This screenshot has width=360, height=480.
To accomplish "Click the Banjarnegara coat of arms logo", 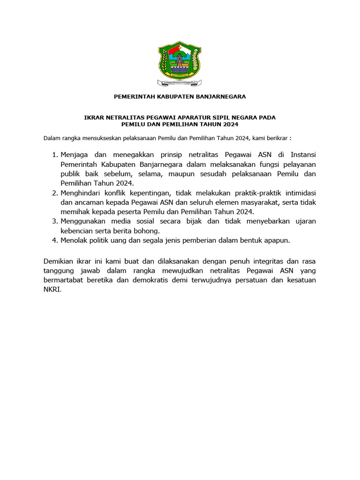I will [x=180, y=62].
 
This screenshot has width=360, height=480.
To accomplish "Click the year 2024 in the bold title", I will [x=231, y=124].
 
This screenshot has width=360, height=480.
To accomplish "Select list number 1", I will [x=53, y=154].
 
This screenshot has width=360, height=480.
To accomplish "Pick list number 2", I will [x=53, y=193].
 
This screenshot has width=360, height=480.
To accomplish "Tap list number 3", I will [x=53, y=221].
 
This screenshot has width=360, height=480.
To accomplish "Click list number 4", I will [x=53, y=240].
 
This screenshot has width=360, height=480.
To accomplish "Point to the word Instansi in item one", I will [x=303, y=154].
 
